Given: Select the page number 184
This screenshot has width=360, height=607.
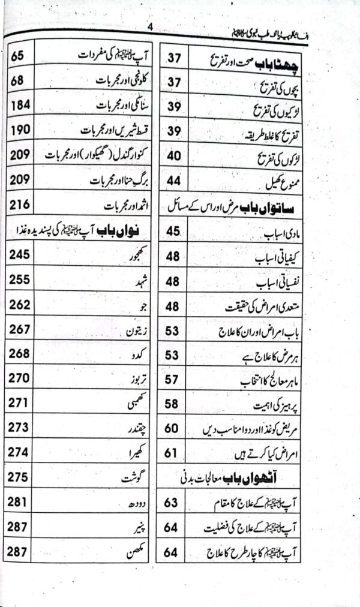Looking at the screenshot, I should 20,104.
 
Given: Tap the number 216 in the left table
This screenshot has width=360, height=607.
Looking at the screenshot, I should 20,205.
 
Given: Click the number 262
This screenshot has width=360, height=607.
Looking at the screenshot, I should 20,305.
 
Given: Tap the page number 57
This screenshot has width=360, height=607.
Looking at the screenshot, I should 172,379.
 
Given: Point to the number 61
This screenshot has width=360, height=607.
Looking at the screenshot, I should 172,453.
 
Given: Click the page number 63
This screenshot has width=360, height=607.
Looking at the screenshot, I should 172,503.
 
